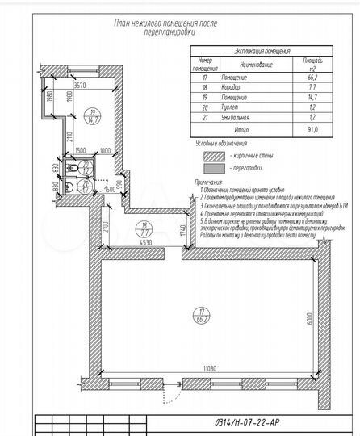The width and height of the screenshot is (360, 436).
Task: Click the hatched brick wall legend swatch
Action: coord(214,155)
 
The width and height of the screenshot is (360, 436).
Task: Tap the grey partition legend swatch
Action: coord(214,169)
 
